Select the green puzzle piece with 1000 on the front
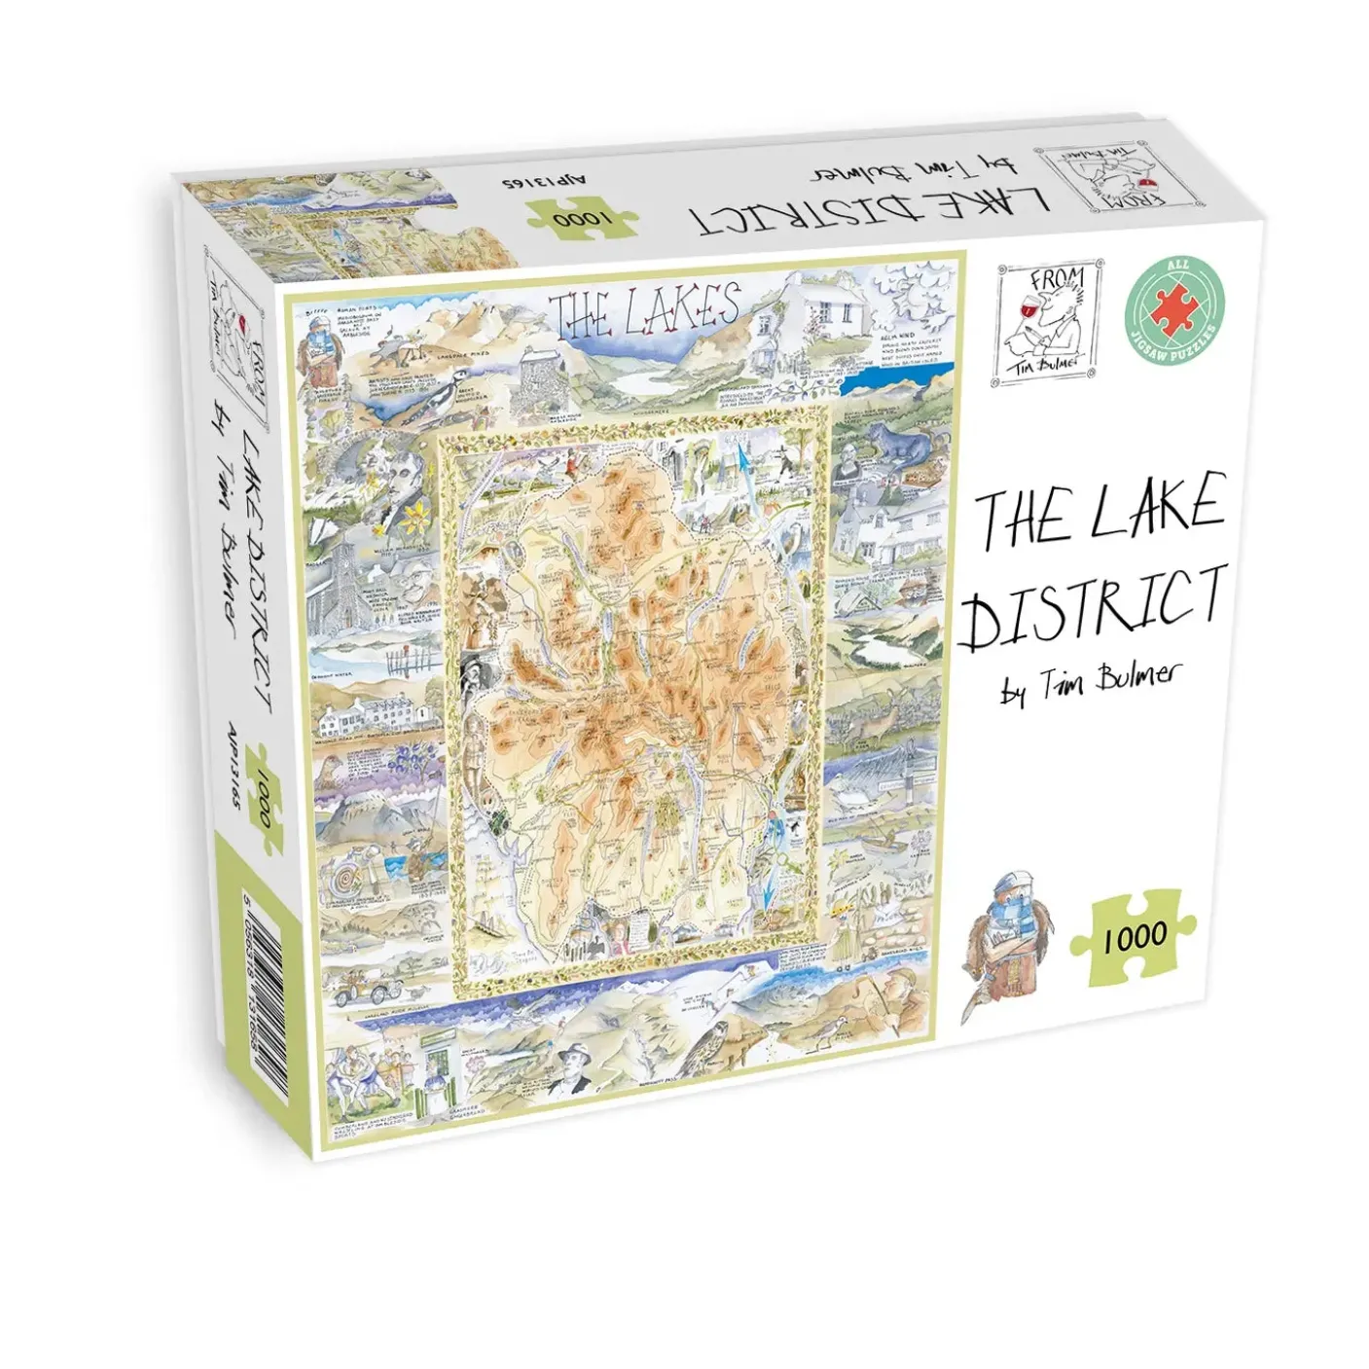tap(1133, 935)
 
